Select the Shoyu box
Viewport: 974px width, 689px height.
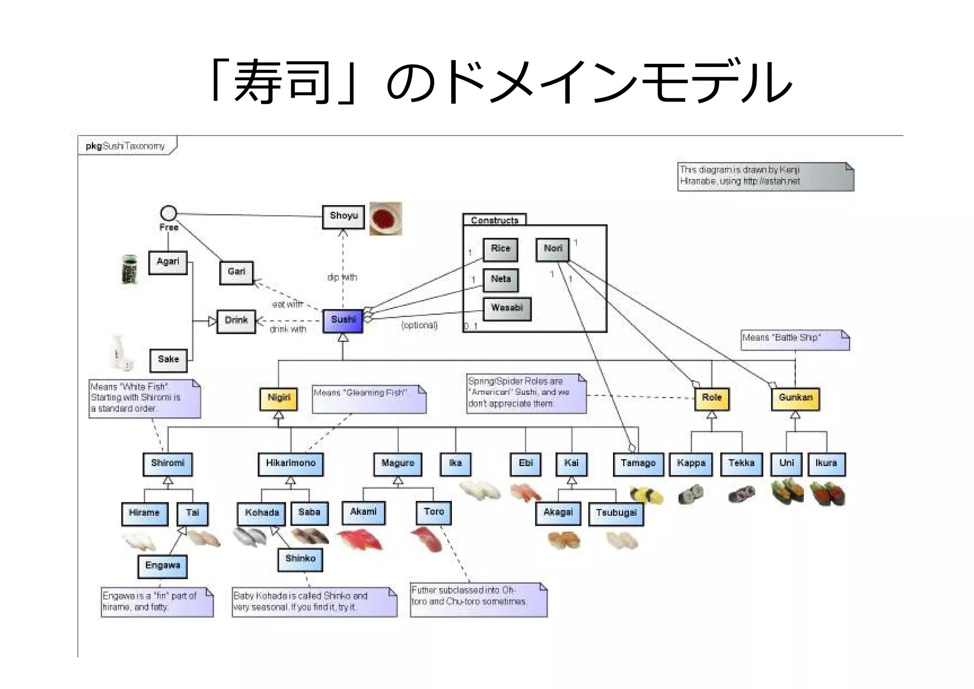(343, 217)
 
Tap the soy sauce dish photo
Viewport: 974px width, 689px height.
(386, 219)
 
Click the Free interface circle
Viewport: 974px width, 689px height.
(168, 213)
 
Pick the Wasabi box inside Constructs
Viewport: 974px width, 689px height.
(507, 309)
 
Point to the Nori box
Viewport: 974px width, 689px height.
(553, 249)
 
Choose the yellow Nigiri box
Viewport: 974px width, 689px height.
(279, 399)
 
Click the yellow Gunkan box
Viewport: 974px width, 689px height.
(795, 399)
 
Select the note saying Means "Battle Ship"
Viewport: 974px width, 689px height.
(795, 340)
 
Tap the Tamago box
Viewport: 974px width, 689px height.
(638, 464)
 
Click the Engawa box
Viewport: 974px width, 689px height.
(163, 566)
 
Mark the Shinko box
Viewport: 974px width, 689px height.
(300, 559)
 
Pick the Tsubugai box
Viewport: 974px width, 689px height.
(616, 513)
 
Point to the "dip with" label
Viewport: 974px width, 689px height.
(342, 277)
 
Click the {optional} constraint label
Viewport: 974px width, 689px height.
(419, 325)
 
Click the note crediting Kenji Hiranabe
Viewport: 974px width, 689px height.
(765, 177)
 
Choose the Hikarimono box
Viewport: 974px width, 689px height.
(291, 464)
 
